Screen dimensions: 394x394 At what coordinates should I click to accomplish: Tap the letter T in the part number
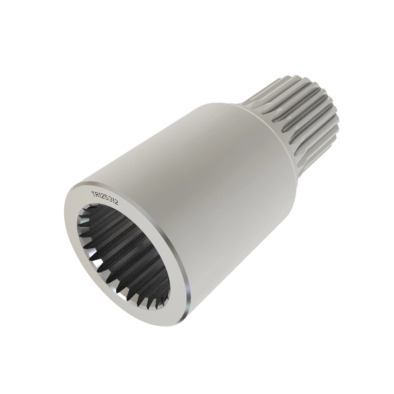pyautogui.click(x=93, y=193)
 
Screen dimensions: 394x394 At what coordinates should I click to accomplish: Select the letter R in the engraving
pyautogui.click(x=97, y=194)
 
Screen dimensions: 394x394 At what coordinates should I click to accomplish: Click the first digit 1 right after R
pyautogui.click(x=100, y=195)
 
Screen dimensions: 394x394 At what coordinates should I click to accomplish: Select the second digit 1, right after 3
pyautogui.click(x=113, y=202)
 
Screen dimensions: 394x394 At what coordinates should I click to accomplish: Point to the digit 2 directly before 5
pyautogui.click(x=103, y=197)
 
